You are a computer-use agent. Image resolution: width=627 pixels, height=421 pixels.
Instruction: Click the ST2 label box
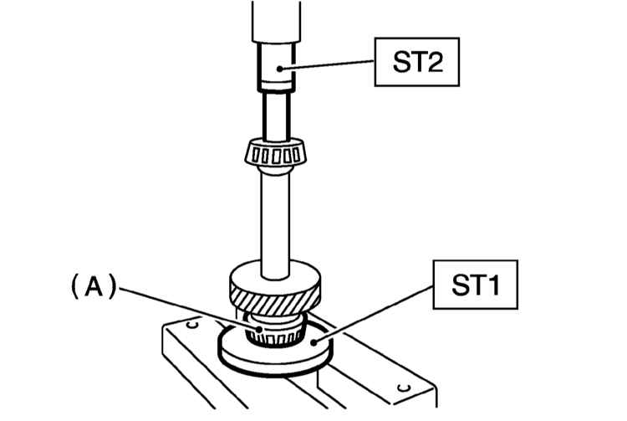coord(416,62)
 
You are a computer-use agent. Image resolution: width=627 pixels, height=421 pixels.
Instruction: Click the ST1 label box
coord(476,285)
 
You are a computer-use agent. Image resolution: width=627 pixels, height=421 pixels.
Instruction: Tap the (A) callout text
coord(94,286)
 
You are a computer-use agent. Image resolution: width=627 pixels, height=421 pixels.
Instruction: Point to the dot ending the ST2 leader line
coord(280,69)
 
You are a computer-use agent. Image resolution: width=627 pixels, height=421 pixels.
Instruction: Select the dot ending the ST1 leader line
coord(314,342)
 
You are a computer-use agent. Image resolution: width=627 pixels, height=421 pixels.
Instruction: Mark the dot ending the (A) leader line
coord(259,330)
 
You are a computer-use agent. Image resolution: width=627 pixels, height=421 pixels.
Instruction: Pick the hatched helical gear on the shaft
coord(275,288)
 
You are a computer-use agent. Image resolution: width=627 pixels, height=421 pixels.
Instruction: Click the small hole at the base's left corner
coord(193,323)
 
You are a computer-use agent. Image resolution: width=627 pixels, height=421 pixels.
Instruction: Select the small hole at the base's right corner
coord(404,388)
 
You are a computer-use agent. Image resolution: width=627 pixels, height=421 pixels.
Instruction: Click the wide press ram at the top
coord(277,21)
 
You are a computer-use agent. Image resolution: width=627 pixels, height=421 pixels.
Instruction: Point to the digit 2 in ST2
coord(433,62)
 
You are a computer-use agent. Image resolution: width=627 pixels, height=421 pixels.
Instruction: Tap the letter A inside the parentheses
coord(94,286)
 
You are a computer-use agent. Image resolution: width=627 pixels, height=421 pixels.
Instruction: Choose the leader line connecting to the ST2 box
coord(327,64)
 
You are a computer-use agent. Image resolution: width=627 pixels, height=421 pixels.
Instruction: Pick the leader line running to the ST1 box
coord(374,314)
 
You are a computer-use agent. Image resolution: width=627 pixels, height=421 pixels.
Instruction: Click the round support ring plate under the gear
coord(275,347)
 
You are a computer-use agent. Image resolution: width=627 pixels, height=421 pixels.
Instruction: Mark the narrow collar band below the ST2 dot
coord(277,86)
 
